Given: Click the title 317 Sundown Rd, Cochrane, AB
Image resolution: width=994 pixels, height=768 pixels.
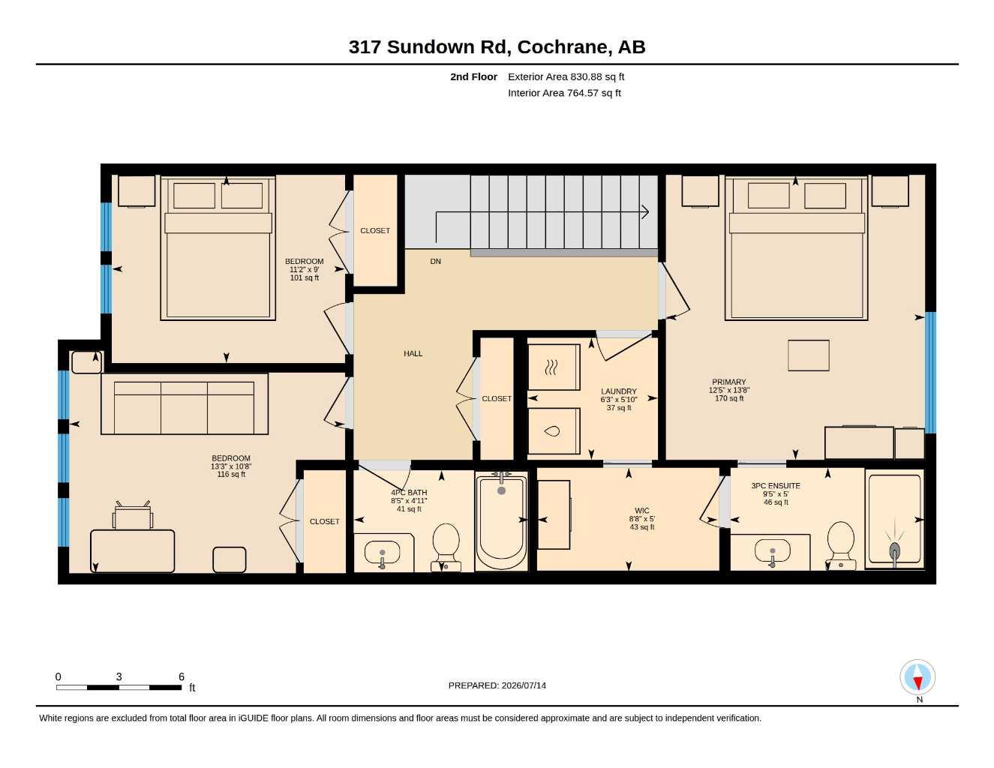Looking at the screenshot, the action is click(497, 47).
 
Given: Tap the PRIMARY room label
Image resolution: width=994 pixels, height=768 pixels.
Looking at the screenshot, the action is click(728, 382).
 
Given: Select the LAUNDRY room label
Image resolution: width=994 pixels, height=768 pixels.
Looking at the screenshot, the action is click(618, 391).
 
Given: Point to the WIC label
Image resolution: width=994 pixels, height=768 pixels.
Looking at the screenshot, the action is click(641, 511).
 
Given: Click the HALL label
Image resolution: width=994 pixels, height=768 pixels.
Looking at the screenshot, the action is click(413, 353).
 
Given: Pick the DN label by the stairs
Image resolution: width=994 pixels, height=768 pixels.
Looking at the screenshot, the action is click(435, 262).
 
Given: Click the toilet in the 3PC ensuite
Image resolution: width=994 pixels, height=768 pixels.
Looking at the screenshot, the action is click(841, 546).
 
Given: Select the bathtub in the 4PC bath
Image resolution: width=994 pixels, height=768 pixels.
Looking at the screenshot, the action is click(501, 521).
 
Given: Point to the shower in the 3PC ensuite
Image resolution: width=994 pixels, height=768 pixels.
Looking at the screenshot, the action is click(894, 520).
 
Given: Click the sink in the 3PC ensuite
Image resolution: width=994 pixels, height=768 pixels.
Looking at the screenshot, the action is click(773, 550).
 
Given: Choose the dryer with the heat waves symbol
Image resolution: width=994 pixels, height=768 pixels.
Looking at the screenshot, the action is click(554, 367).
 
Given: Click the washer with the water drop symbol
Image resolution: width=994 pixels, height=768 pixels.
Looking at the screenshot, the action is click(554, 431).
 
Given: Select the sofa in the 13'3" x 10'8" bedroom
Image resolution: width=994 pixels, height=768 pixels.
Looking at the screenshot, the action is click(185, 403).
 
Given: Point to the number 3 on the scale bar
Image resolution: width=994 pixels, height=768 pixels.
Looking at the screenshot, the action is click(119, 676).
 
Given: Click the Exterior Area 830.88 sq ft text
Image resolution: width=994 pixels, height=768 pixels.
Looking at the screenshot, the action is click(566, 76).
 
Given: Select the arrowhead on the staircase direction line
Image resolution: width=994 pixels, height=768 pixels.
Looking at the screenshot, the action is click(645, 211).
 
